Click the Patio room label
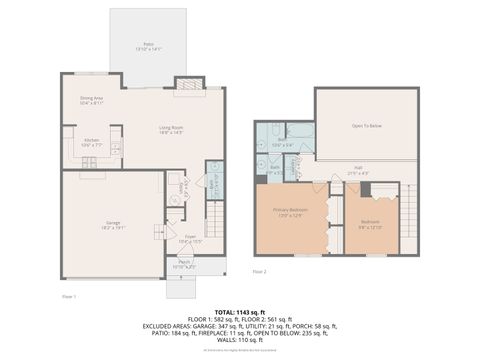pos(147,46)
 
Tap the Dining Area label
pos(93,101)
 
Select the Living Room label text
pos(171,129)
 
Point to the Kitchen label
pos(90,142)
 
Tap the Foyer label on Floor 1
pos(189,239)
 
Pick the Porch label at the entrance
pos(185,266)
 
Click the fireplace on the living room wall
pos(188,85)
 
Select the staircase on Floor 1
pos(213,215)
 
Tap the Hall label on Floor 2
pos(357,171)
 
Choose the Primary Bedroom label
pos(288,213)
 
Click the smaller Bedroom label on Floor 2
pos(370,224)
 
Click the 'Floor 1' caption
pos(69,296)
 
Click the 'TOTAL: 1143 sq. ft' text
pos(240,312)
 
